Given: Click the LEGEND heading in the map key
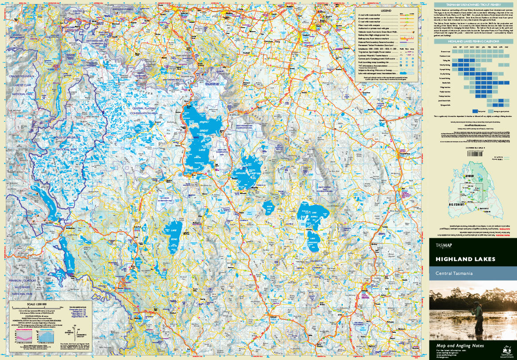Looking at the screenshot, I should [386, 10].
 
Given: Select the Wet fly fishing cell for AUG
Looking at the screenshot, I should [454, 65].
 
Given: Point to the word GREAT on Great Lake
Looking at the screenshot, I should [204, 130].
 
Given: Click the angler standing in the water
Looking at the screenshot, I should [478, 314].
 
